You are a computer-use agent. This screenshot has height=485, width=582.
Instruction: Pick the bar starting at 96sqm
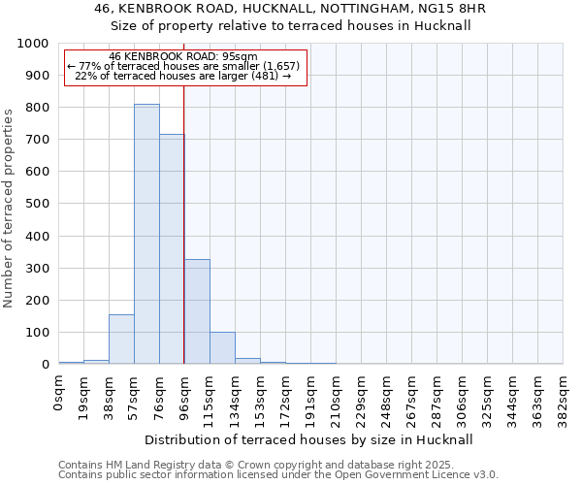pos(197,311)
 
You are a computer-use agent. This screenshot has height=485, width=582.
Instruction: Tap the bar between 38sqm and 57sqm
pos(121,339)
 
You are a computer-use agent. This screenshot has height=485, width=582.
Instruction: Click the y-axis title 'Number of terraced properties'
pos(9,208)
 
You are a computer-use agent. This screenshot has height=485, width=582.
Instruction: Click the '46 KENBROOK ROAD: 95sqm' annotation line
pos(183,56)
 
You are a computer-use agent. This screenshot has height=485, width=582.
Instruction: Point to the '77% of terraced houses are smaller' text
pos(183,66)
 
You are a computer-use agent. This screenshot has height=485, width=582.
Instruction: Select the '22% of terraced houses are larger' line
pos(183,76)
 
